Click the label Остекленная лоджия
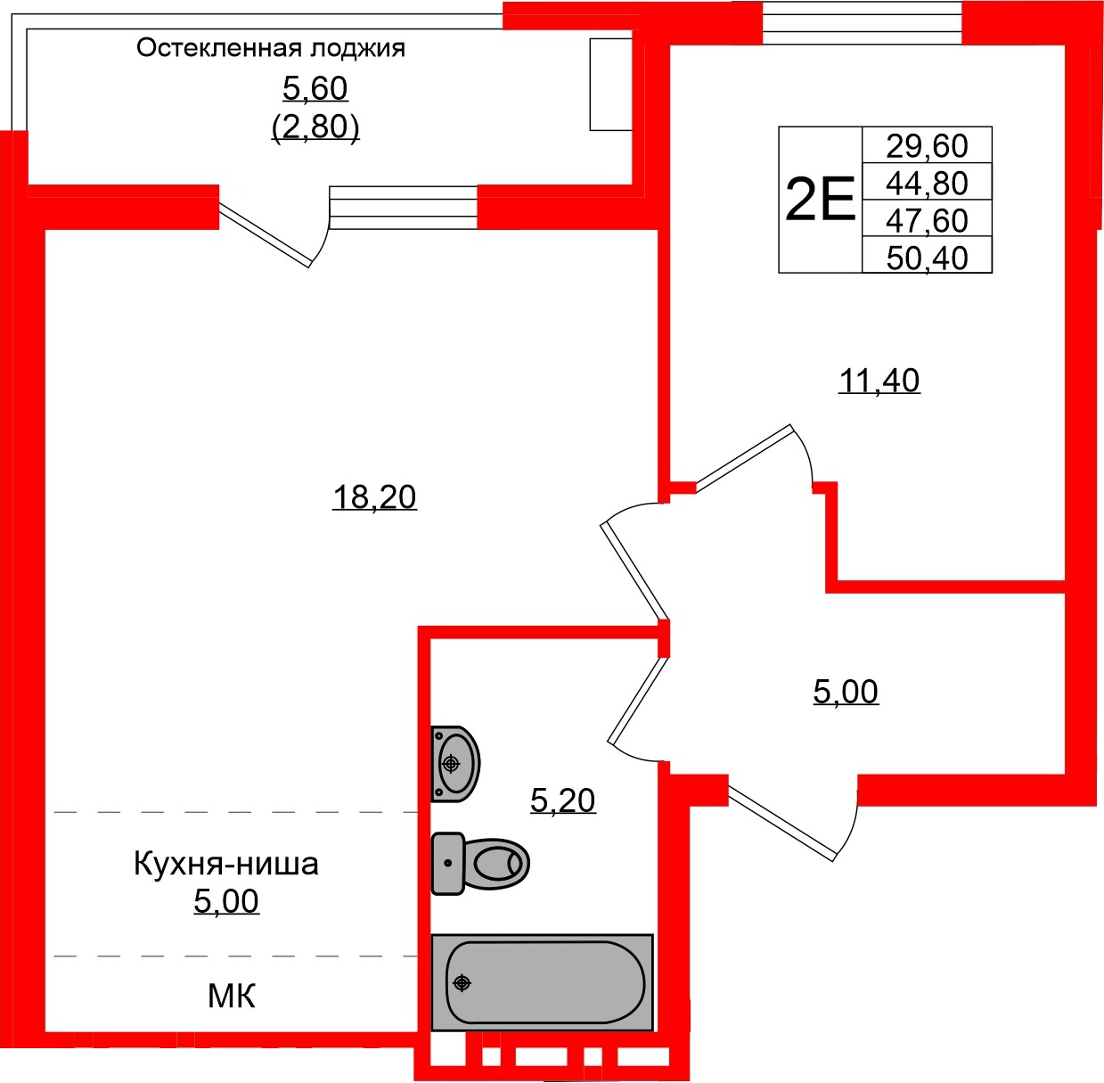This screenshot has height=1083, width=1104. (271, 48)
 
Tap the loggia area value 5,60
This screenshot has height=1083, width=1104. (315, 88)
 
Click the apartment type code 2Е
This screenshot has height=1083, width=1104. (820, 200)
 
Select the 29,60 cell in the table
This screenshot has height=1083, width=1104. (927, 145)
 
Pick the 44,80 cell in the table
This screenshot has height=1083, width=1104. (927, 183)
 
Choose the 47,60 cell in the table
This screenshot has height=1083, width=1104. (927, 219)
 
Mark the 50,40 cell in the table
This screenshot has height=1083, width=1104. (927, 257)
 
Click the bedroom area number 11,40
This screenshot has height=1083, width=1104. (879, 381)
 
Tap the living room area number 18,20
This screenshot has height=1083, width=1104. (374, 496)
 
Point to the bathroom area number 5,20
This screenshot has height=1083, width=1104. (562, 800)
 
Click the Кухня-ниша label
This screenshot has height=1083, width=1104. (226, 864)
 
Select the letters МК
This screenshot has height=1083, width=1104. (231, 996)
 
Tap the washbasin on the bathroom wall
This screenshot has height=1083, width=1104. (455, 764)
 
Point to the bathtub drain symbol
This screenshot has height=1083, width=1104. (462, 983)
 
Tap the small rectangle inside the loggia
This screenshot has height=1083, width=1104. (611, 85)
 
